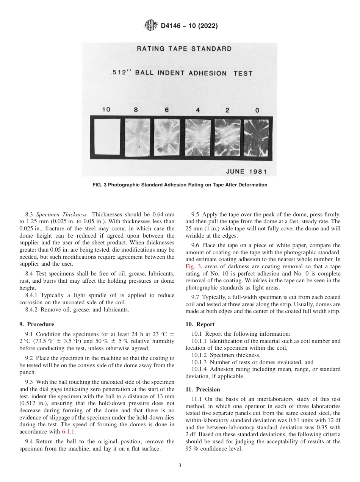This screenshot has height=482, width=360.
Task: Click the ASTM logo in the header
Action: [x=151, y=26]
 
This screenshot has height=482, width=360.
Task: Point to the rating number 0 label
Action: [x=257, y=111]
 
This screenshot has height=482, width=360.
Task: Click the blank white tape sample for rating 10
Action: [x=106, y=137]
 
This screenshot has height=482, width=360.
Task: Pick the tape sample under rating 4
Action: [x=198, y=137]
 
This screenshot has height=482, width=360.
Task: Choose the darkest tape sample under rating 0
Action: [x=256, y=138]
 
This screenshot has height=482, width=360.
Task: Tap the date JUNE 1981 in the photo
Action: [x=246, y=171]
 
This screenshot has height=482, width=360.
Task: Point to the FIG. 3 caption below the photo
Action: [x=180, y=185]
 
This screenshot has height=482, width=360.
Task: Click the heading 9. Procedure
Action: [x=37, y=324]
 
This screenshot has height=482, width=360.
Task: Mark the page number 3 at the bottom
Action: [x=180, y=466]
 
